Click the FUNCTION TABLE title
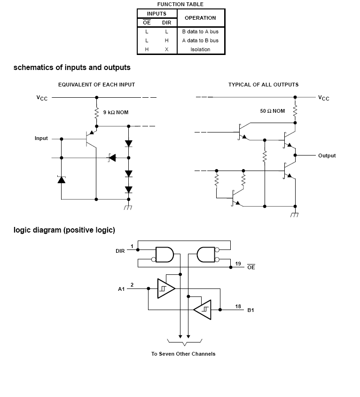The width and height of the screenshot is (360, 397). click(180, 4)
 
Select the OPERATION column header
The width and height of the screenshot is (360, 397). click(200, 18)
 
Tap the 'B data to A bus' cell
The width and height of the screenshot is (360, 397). click(200, 31)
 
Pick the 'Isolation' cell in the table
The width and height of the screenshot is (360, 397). click(200, 49)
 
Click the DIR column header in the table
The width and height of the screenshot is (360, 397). click(166, 23)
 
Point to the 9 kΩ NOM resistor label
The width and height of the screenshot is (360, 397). click(116, 112)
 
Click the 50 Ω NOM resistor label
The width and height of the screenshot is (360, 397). click(273, 111)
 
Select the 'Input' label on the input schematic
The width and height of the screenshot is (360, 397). click(41, 139)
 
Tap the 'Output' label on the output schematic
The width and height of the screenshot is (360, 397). click(327, 156)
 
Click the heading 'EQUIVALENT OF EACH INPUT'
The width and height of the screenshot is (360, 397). click(96, 85)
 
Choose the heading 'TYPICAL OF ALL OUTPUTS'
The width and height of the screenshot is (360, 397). click(263, 85)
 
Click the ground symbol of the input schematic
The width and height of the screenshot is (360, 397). click(128, 207)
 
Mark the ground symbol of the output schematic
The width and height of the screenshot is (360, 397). click(295, 214)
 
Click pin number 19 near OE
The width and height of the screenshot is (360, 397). click(238, 264)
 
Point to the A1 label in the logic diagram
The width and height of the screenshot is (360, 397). click(121, 289)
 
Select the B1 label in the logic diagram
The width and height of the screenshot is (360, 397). click(251, 311)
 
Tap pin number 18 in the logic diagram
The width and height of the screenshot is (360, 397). click(238, 306)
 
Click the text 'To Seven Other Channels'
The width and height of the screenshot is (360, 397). click(183, 354)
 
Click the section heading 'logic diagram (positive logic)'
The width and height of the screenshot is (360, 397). click(64, 230)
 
